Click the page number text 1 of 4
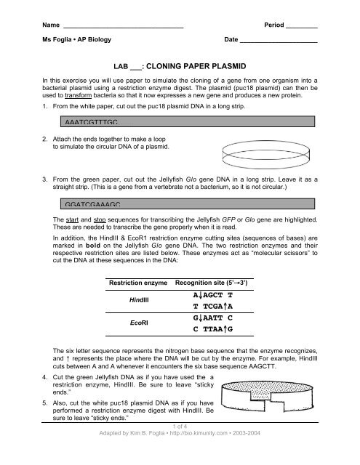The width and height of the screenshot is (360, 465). pos(180,446)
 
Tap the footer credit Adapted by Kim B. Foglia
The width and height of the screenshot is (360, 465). pos(180,455)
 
